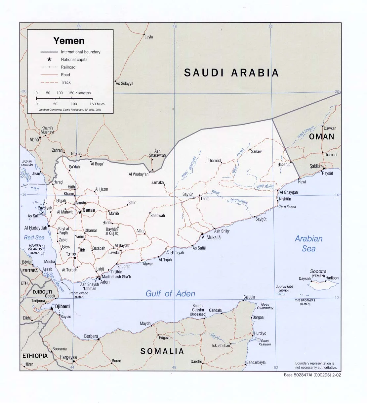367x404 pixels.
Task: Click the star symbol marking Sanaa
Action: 80,212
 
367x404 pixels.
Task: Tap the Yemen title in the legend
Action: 69,41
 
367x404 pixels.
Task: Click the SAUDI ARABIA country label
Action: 231,73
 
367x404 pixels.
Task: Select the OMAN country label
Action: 322,136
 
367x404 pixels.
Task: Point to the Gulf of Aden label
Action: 170,293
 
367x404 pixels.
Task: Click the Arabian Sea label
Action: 308,243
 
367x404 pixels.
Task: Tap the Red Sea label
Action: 34,237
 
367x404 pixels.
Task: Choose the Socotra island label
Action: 318,272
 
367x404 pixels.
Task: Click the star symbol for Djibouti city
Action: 52,308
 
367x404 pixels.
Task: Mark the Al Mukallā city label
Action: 211,237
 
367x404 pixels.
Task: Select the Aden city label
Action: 105,282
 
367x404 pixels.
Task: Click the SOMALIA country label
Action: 162,351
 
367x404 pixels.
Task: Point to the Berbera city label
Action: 91,336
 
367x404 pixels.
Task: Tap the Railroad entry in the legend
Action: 68,67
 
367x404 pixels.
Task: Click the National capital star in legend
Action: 49,60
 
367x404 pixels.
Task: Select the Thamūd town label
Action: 214,161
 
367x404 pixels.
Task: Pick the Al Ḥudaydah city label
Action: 36,228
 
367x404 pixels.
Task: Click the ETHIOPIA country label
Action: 35,356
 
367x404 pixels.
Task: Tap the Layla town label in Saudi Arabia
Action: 149,37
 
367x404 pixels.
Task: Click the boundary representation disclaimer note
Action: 314,365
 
